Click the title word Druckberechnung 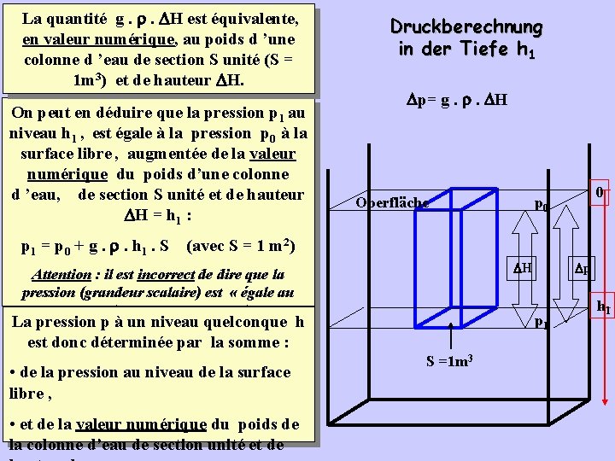pyautogui.click(x=466, y=26)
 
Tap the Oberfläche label pyautogui.click(x=393, y=202)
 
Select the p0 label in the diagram pyautogui.click(x=541, y=205)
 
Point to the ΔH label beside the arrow pyautogui.click(x=522, y=267)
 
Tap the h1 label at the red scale pyautogui.click(x=602, y=306)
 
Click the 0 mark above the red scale pyautogui.click(x=600, y=193)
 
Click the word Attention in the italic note pyautogui.click(x=61, y=275)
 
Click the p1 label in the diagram pyautogui.click(x=542, y=323)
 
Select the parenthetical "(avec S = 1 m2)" pyautogui.click(x=241, y=247)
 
